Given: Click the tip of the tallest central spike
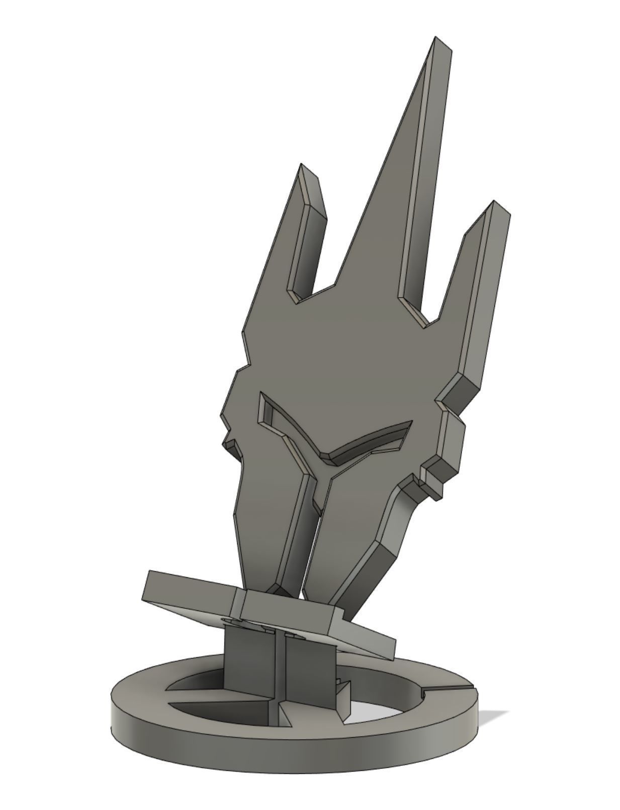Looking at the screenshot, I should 436,39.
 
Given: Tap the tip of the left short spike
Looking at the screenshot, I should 302,166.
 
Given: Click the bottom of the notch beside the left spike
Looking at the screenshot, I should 300,298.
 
